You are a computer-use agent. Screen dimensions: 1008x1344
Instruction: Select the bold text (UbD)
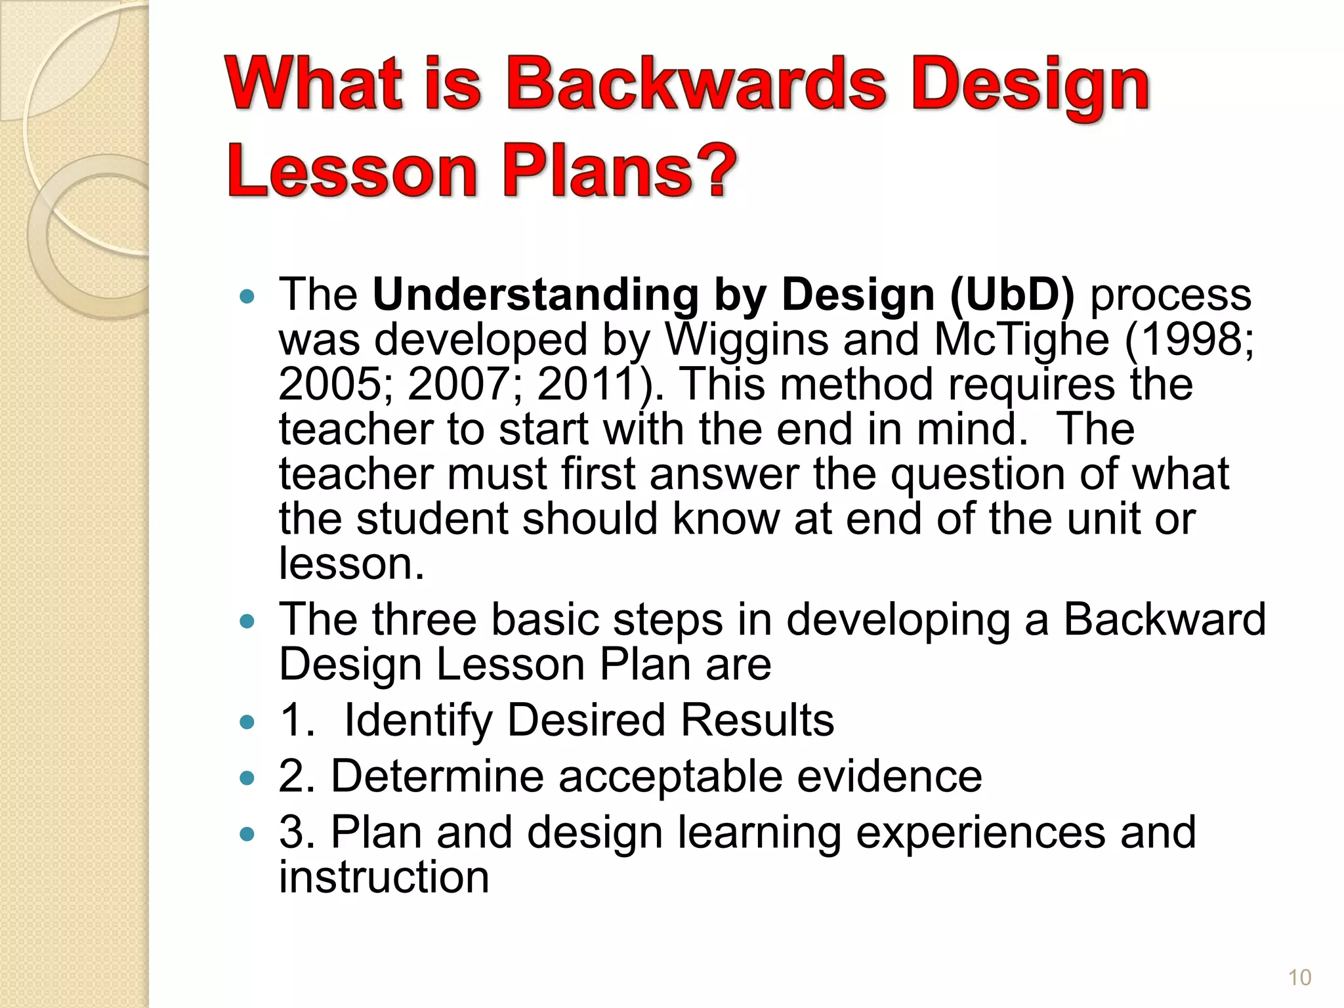click(1012, 294)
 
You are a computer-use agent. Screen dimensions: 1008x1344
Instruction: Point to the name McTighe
click(1021, 340)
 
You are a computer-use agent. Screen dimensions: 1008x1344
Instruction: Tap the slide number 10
click(1299, 978)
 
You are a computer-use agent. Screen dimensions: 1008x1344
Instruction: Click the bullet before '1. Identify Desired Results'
click(247, 723)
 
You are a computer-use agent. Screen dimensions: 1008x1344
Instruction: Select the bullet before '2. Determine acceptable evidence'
click(247, 779)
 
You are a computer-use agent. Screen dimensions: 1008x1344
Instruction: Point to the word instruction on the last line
click(384, 877)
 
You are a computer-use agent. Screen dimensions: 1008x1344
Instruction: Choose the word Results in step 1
click(757, 720)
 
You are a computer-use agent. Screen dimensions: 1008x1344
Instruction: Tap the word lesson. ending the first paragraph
click(352, 564)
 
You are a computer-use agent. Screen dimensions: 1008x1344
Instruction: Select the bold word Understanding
click(535, 294)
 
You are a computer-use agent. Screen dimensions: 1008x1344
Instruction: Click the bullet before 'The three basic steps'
click(247, 621)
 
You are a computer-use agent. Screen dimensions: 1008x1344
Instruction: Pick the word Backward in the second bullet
click(1164, 619)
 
